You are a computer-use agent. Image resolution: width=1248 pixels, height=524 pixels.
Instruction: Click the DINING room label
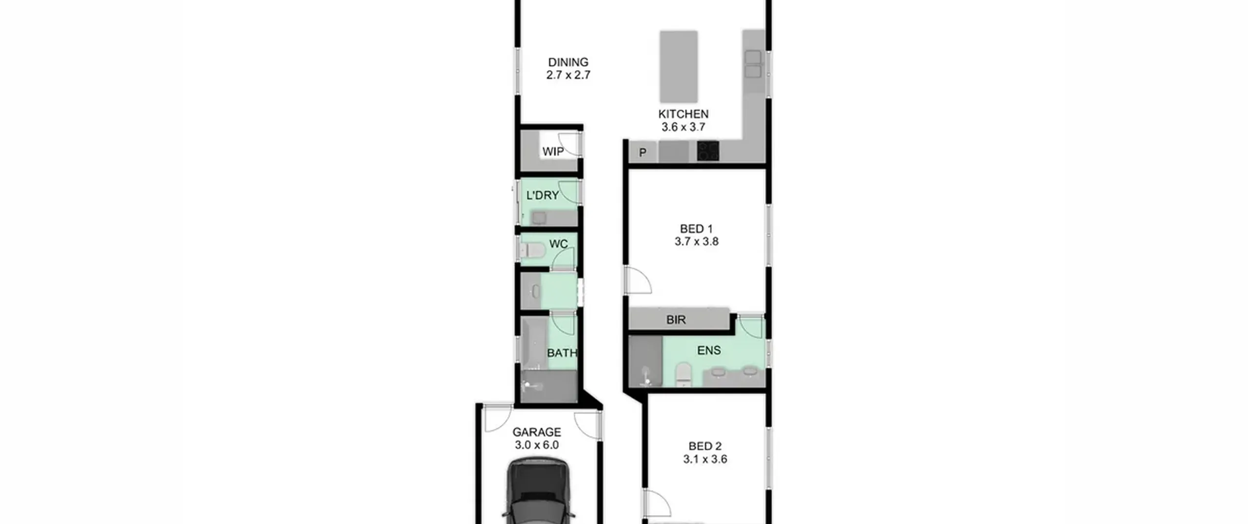pyautogui.click(x=568, y=62)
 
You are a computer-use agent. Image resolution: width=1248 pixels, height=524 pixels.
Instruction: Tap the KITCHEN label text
pyautogui.click(x=683, y=114)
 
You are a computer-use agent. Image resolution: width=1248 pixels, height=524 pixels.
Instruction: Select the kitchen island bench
pyautogui.click(x=679, y=66)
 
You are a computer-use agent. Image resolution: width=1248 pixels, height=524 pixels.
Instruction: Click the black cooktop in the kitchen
pyautogui.click(x=708, y=151)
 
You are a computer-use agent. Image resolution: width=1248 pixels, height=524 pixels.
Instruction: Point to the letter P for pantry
pyautogui.click(x=643, y=153)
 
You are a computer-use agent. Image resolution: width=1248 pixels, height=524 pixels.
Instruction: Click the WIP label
pyautogui.click(x=553, y=152)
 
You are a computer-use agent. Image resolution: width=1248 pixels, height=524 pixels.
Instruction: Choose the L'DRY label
pyautogui.click(x=543, y=195)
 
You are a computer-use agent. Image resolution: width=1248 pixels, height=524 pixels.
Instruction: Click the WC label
pyautogui.click(x=559, y=244)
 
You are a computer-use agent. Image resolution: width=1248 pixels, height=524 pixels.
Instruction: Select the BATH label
pyautogui.click(x=562, y=353)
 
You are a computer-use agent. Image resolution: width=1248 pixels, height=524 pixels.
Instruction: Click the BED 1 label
pyautogui.click(x=697, y=229)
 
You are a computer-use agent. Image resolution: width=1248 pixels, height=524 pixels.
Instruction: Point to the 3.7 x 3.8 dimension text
pyautogui.click(x=697, y=241)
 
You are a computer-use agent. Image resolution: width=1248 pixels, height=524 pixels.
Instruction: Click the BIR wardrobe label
pyautogui.click(x=676, y=320)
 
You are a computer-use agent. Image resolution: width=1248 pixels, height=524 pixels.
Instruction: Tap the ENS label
pyautogui.click(x=709, y=350)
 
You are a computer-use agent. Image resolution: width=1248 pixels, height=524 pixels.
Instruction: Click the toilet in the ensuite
pyautogui.click(x=683, y=375)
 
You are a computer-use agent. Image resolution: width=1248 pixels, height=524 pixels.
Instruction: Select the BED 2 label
pyautogui.click(x=705, y=446)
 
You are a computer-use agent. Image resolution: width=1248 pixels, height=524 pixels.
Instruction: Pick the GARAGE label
pyautogui.click(x=537, y=432)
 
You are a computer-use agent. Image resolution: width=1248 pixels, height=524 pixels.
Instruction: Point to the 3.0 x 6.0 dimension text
pyautogui.click(x=537, y=445)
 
